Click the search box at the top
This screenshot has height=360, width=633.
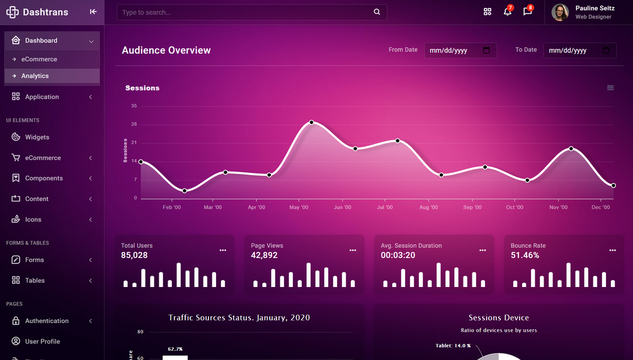[246, 12]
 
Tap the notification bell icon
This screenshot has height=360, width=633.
[507, 12]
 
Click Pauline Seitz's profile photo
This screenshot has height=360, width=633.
[560, 12]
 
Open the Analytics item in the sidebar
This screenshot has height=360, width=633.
[35, 76]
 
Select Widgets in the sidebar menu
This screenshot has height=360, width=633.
[37, 137]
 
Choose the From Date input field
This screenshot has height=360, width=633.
[460, 50]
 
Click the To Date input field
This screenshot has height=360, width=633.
[579, 50]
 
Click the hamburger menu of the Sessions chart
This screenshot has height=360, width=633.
[610, 88]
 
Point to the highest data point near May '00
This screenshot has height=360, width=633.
[311, 122]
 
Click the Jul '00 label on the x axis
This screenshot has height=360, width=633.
[384, 207]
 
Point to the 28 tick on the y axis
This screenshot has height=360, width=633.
[134, 125]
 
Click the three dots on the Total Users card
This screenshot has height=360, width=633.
[223, 250]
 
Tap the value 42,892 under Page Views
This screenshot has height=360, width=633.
[264, 256]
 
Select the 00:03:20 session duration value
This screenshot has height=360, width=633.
[398, 256]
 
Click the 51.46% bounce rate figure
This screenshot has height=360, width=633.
[525, 256]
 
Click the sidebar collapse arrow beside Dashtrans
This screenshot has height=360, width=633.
[93, 12]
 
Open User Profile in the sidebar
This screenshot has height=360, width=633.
[42, 342]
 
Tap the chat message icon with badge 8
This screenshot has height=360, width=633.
[527, 12]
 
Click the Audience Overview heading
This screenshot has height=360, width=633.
[166, 50]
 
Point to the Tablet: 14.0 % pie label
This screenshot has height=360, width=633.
[453, 346]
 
